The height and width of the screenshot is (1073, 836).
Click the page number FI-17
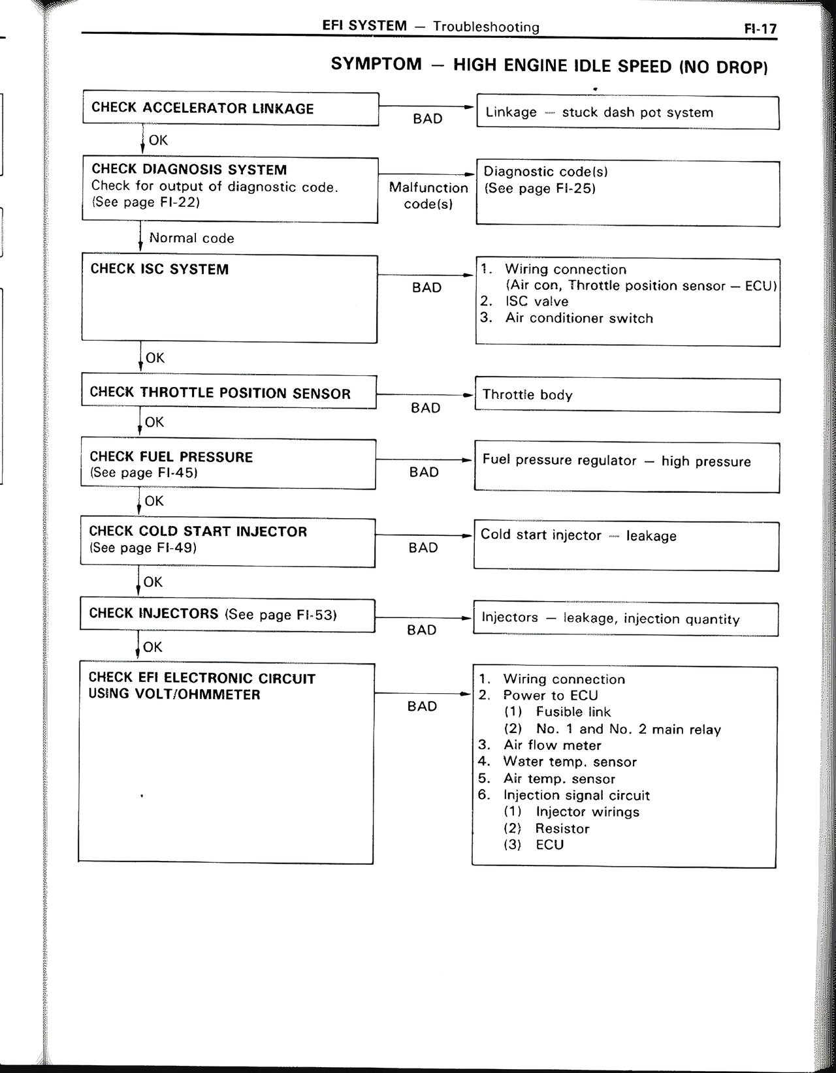pos(760,29)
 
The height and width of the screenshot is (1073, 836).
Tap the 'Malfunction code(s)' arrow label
pos(428,196)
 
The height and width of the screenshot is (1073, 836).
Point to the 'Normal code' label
pos(191,238)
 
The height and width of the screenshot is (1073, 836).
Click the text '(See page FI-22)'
pos(145,202)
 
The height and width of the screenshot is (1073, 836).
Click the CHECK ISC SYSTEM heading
pos(159,269)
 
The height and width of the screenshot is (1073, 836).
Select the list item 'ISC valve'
pos(536,302)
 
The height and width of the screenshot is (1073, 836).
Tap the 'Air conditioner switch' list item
pos(579,319)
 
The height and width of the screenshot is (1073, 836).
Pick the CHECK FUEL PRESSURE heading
pos(171,457)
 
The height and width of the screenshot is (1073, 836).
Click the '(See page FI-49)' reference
pos(143,548)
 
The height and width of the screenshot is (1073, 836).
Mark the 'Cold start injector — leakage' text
pos(578,535)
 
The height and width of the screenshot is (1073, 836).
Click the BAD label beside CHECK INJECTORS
pos(421,630)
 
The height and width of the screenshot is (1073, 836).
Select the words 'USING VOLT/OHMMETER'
pos(174,694)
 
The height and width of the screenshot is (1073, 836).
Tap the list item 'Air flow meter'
pos(552,745)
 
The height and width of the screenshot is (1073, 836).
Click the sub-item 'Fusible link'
pos(573,712)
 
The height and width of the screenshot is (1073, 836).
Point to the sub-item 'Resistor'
pos(562,828)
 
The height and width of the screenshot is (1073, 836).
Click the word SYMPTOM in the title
pos(376,64)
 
